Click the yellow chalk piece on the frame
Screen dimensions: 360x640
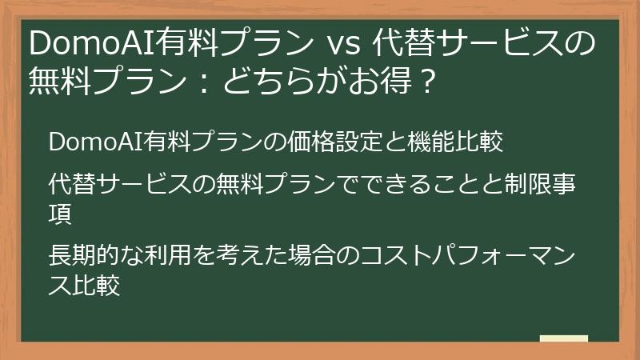564,339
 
